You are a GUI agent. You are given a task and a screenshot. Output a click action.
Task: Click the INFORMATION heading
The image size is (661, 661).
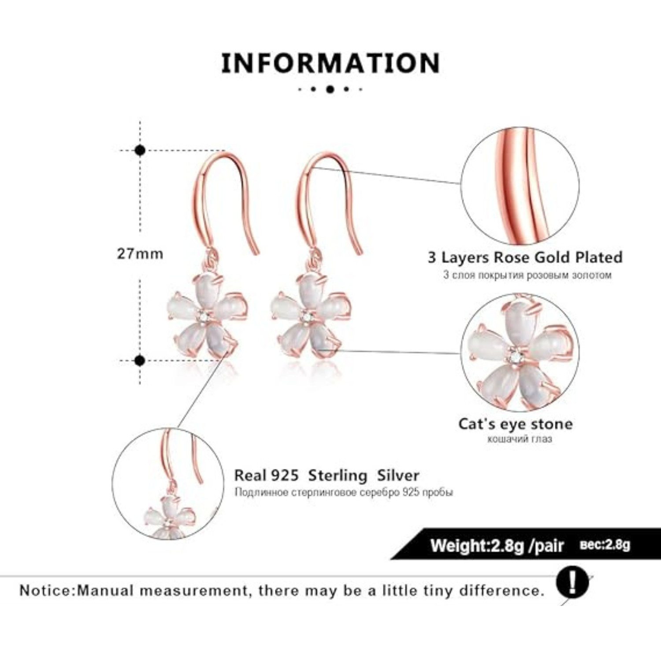point(330,63)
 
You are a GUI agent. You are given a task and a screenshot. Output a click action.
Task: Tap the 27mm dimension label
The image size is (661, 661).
point(140,254)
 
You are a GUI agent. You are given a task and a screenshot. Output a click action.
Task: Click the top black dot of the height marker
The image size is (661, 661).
point(140,150)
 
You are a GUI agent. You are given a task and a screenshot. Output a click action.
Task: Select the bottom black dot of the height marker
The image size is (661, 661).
point(140,361)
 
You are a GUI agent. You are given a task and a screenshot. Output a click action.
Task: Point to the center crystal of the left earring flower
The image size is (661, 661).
point(203,316)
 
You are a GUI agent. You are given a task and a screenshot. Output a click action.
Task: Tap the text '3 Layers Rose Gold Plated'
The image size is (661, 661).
point(525,257)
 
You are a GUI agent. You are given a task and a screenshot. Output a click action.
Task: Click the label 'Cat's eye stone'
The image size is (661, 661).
point(516,424)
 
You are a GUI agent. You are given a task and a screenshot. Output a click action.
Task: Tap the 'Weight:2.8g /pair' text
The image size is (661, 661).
point(497,546)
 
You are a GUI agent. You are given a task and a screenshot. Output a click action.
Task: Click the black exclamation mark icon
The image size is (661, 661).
point(572,583)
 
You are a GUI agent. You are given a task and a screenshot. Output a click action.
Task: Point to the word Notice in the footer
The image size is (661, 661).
point(45,590)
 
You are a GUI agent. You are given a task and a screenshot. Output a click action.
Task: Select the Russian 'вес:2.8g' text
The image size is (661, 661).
point(605,545)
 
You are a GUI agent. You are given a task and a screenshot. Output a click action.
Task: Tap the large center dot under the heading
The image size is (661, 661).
point(330,89)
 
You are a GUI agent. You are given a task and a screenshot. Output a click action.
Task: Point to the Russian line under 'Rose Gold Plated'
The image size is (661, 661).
point(527,275)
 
